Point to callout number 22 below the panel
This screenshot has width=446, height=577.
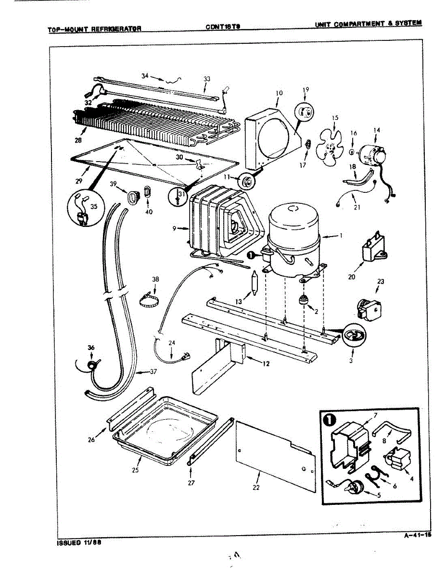[x=256, y=488]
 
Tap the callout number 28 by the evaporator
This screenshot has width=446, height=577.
[x=78, y=140]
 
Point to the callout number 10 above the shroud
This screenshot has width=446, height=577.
[x=279, y=93]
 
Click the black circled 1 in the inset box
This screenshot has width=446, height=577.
[x=330, y=419]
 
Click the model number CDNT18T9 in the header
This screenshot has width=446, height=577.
[x=223, y=27]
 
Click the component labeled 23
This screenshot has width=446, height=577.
[x=369, y=307]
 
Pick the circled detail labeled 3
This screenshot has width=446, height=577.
[x=355, y=336]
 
